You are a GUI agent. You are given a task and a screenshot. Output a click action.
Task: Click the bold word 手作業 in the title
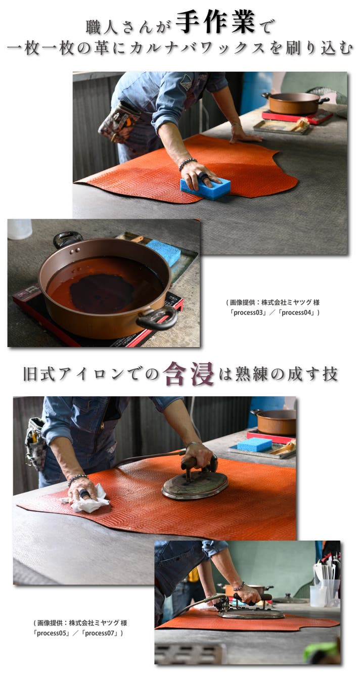coord(215,22)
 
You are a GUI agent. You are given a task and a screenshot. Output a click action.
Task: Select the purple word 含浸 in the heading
coord(188,374)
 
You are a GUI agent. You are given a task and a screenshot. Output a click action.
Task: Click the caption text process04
coord(297,312)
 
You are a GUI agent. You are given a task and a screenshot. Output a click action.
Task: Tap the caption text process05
coord(51,633)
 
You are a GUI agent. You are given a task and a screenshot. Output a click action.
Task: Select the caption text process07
coord(100,633)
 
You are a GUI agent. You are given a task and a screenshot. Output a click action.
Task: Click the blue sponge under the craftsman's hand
coord(205,189)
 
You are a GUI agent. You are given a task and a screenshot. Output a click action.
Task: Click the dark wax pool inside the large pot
coord(102,293)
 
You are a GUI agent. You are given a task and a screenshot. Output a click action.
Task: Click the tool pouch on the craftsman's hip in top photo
coord(119,121)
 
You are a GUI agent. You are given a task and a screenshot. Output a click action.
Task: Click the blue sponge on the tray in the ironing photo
coord(254,445)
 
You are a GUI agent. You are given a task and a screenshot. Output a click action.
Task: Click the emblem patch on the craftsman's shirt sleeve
coord(187,82)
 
